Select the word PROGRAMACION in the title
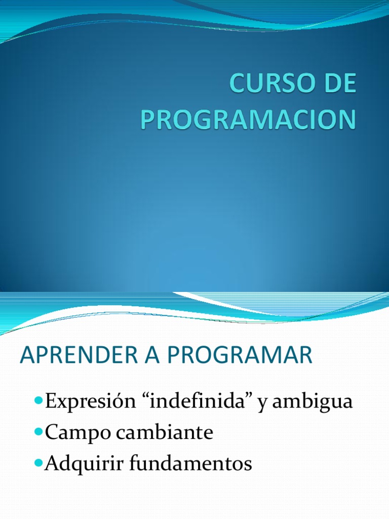pyautogui.click(x=248, y=119)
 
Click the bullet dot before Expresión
pyautogui.click(x=40, y=401)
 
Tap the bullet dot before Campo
pyautogui.click(x=40, y=432)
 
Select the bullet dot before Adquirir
pyautogui.click(x=40, y=463)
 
